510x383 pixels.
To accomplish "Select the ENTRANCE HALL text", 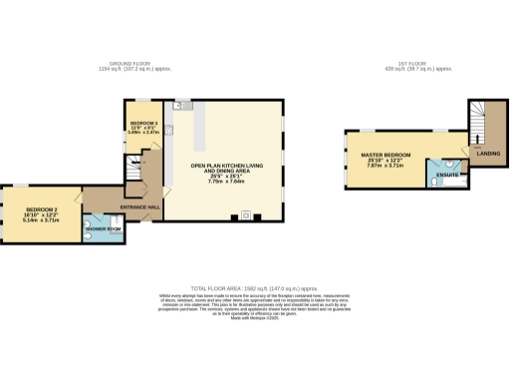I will [139, 206].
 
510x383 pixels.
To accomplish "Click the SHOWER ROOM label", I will [103, 229].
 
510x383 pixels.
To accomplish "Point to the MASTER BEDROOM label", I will [384, 155].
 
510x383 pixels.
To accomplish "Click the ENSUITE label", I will [449, 176].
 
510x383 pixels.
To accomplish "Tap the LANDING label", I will [488, 154].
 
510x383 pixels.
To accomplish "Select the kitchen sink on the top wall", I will [179, 104].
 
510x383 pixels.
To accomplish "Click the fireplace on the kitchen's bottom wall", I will [245, 216].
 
